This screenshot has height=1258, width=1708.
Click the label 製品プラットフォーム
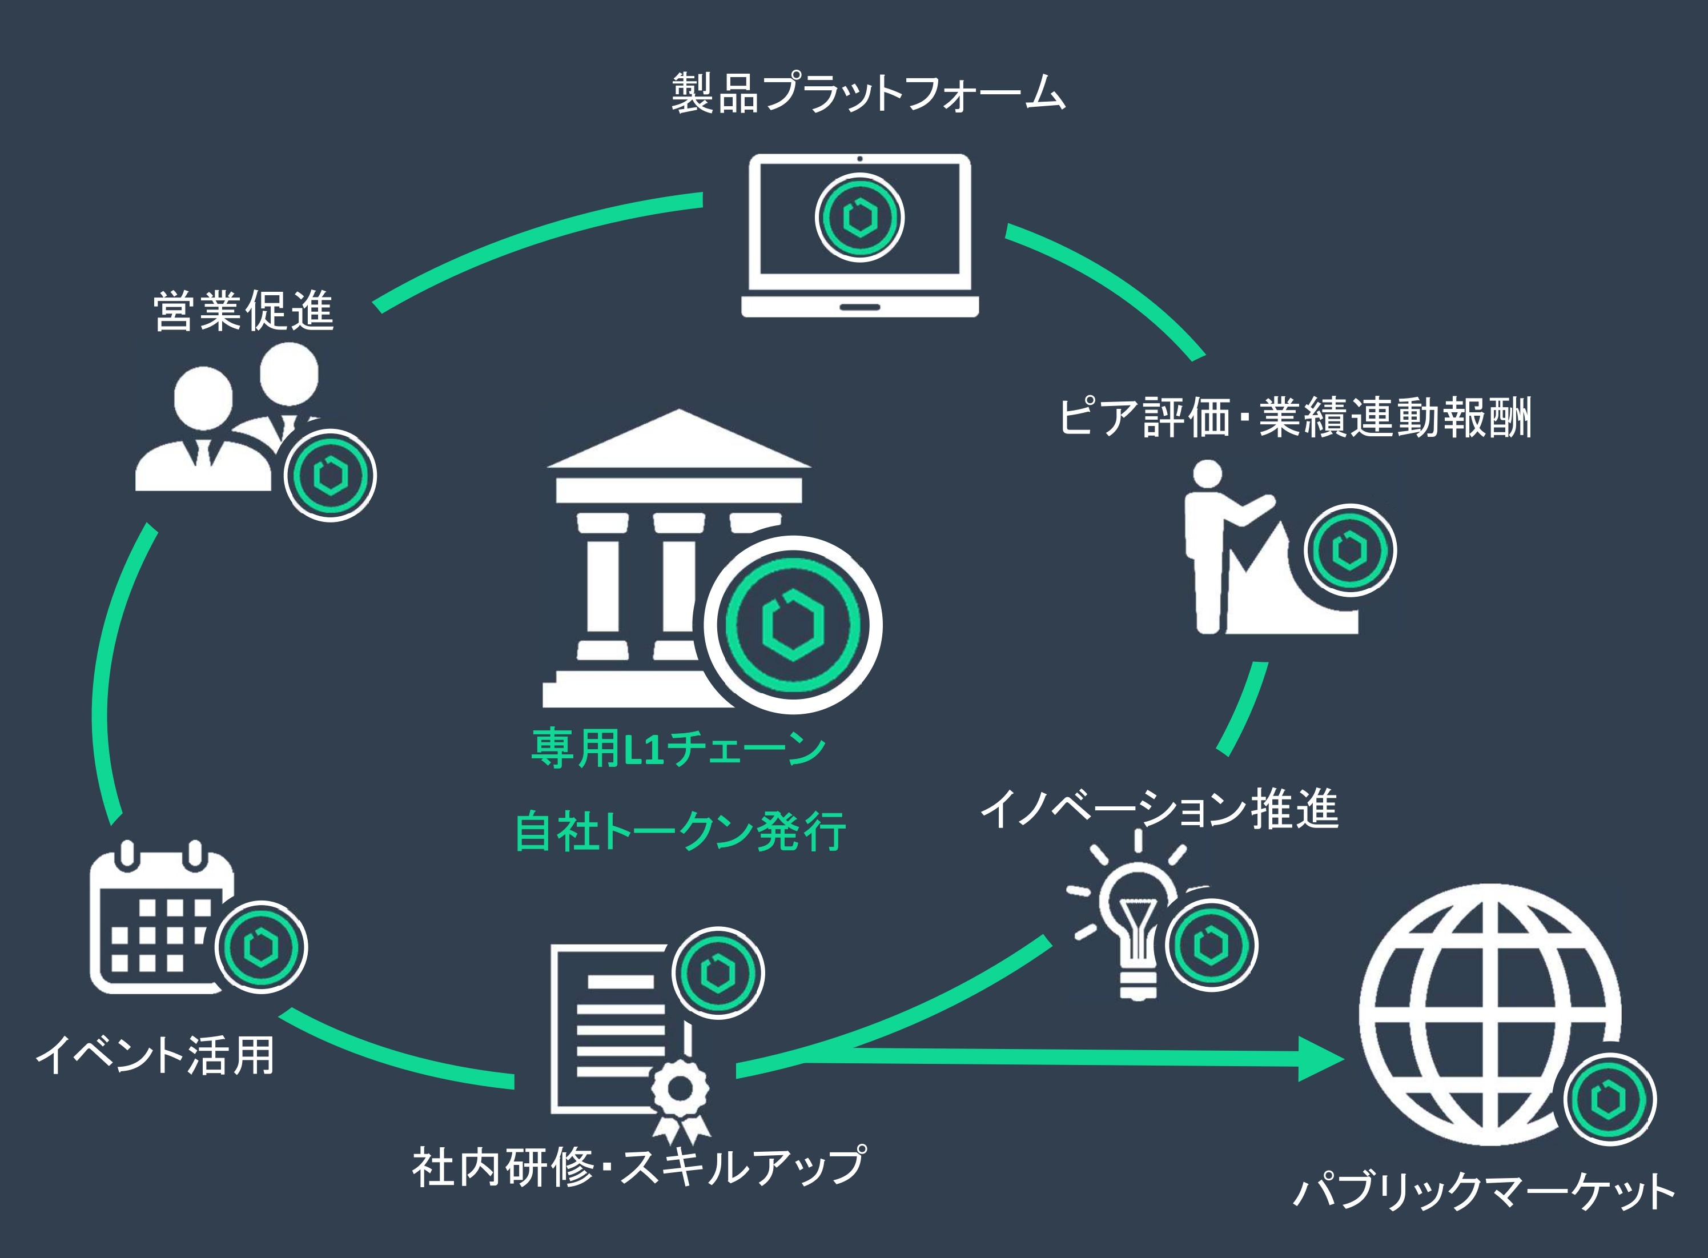click(867, 94)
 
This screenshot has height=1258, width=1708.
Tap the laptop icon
click(860, 236)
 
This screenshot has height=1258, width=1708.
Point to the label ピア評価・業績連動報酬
click(1295, 418)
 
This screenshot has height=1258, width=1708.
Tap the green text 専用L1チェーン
click(678, 749)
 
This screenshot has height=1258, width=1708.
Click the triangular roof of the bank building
click(678, 441)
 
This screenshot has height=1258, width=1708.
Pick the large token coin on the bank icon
click(792, 624)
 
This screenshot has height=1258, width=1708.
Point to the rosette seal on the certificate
click(678, 1089)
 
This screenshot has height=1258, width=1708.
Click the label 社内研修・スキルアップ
click(638, 1167)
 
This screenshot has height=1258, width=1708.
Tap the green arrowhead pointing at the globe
click(1321, 1059)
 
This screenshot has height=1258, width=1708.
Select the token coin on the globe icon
click(1610, 1099)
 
